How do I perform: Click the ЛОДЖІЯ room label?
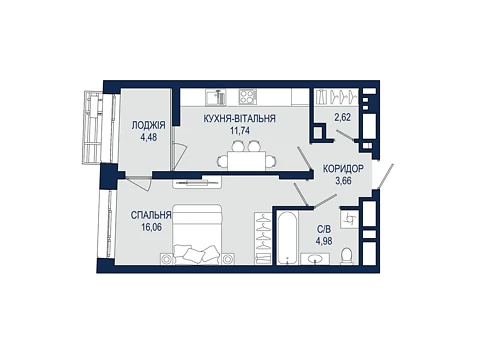point(148,126)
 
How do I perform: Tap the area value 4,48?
point(149,137)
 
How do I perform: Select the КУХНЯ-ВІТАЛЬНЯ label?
point(240,118)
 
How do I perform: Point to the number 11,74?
point(240,130)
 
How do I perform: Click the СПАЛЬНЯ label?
point(151,216)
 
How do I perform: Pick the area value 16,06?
point(151,228)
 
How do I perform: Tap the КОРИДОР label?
point(343,169)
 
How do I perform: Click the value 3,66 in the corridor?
point(343,181)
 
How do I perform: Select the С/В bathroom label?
point(324,229)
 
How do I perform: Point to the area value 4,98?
point(324,241)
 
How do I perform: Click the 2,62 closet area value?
point(343,118)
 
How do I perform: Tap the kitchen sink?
point(215,97)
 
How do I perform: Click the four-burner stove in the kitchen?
point(248,97)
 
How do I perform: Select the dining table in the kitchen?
point(247,160)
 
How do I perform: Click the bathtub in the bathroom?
point(287,237)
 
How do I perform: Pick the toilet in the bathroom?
point(347,256)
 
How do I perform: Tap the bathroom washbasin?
point(315,259)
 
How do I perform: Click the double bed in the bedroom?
point(197,234)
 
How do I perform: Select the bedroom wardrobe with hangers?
point(264,238)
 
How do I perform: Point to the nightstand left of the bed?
point(166,259)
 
